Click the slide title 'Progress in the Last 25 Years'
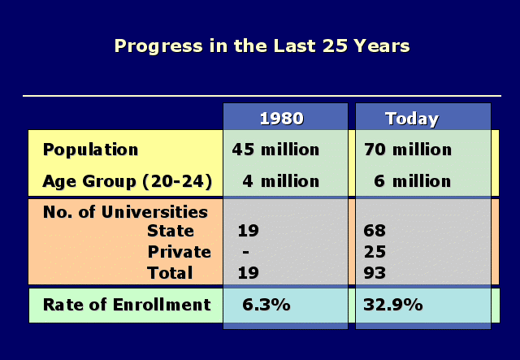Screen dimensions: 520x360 pos(262,46)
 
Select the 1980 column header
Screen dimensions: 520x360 pos(282,119)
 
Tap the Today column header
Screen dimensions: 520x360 pos(412,119)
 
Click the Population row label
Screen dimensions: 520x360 pos(90,150)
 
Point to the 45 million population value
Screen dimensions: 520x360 pos(275,150)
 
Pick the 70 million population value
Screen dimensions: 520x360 pos(408,150)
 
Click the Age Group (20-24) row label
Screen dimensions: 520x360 pos(128,181)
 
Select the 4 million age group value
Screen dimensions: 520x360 pos(280,181)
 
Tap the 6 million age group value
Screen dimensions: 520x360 pos(413,181)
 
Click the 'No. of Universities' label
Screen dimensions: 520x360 pos(125,211)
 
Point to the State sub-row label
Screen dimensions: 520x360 pos(171,231)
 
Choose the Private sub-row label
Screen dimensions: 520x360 pos(179,252)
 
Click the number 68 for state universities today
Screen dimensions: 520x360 pos(375,231)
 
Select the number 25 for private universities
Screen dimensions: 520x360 pos(375,252)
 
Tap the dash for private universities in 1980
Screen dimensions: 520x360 pos(245,252)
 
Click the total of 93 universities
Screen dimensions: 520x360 pos(375,273)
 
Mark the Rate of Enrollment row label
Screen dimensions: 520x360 pos(127,305)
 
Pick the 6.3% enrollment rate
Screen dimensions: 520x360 pos(266,305)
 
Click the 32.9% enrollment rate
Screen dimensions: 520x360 pos(393,305)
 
